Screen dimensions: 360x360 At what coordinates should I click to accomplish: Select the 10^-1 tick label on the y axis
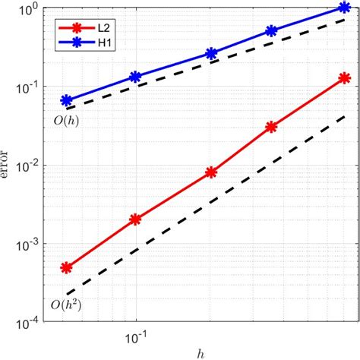(29, 88)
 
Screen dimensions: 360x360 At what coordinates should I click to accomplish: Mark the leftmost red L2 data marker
(66, 267)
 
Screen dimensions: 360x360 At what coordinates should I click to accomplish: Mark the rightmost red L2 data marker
(344, 77)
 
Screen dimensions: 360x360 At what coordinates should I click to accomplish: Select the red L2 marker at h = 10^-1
(135, 219)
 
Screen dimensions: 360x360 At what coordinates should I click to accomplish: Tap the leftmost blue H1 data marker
(66, 100)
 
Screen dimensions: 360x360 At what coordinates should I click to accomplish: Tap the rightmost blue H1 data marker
(344, 8)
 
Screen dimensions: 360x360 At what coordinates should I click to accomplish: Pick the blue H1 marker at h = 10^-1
(135, 77)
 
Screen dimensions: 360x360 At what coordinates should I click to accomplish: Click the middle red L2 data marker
(212, 173)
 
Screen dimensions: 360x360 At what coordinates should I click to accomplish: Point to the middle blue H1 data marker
(212, 54)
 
